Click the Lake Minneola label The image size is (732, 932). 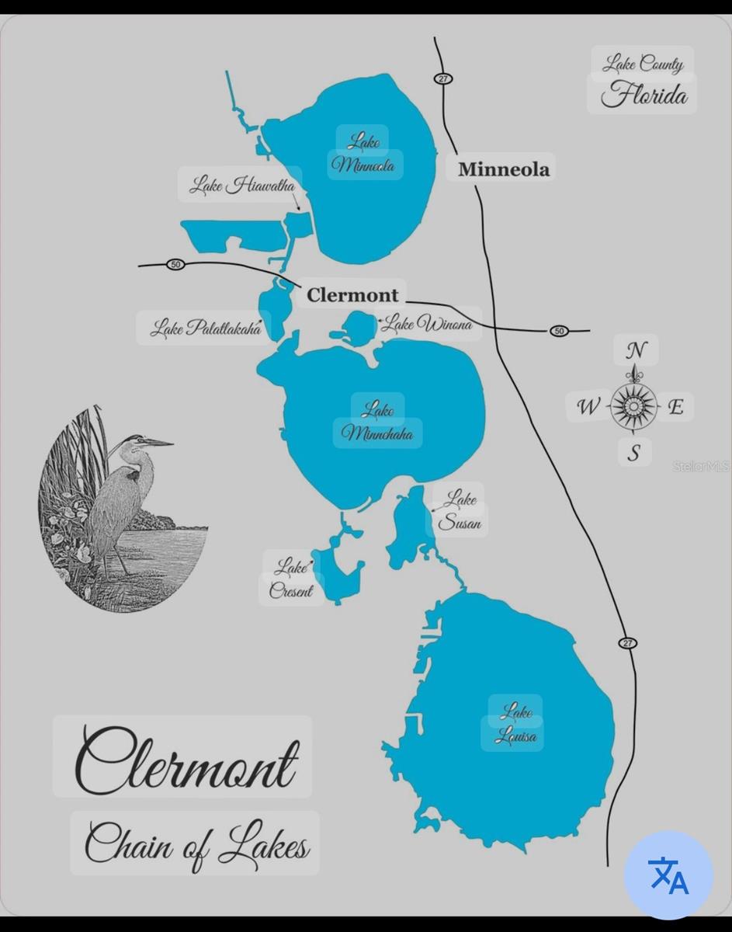click(x=364, y=153)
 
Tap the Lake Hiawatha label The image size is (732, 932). click(x=242, y=186)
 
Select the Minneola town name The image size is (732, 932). click(x=503, y=169)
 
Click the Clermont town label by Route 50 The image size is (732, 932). click(x=352, y=295)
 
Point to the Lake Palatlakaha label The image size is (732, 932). click(x=206, y=328)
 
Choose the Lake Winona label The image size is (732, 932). click(x=428, y=323)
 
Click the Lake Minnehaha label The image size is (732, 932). click(x=378, y=421)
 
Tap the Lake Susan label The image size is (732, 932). click(x=460, y=510)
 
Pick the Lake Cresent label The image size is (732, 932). click(x=291, y=579)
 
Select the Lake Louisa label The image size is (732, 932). click(x=515, y=723)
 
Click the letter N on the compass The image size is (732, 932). click(x=636, y=350)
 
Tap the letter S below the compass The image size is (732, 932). click(x=634, y=453)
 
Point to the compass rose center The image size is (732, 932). click(x=633, y=405)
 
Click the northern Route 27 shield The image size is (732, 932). click(x=443, y=78)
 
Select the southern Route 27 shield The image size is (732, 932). click(x=627, y=643)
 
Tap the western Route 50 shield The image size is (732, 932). click(x=175, y=265)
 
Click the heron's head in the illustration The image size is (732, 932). click(x=138, y=441)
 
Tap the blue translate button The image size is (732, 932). click(x=668, y=875)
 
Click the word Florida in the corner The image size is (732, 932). click(x=644, y=96)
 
